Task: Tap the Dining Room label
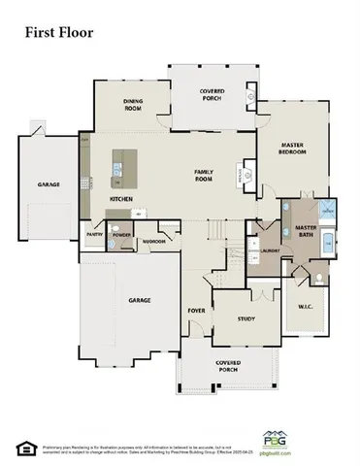[x=133, y=104]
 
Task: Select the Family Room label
[x=203, y=176]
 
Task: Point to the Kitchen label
[x=121, y=200]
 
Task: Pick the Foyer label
[x=195, y=311]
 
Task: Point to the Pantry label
[x=94, y=234]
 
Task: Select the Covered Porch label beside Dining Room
[x=213, y=94]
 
